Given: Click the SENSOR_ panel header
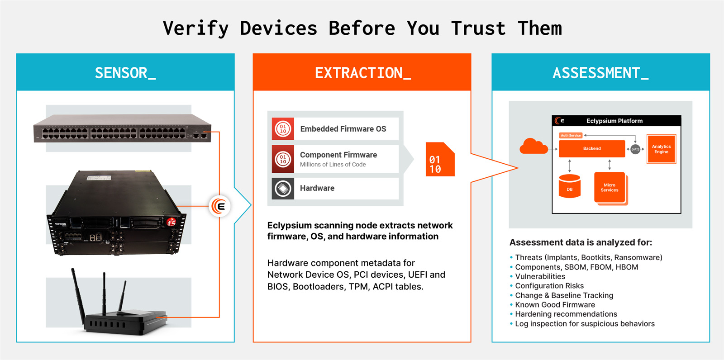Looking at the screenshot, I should point(125,73).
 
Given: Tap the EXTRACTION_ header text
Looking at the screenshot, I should point(362,73).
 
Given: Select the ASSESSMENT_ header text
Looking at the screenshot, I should point(600,73).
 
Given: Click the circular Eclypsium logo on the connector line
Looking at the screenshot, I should point(219,206).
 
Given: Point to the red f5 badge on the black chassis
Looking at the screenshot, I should point(171,222).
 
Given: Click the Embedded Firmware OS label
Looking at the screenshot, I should point(343,129).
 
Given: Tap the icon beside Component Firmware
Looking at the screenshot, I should point(283,159).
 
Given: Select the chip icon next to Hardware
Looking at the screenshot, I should point(283,188).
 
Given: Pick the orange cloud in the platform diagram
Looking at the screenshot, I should point(533,147).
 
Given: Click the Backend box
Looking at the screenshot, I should point(592,148).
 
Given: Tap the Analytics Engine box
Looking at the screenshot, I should point(661,149).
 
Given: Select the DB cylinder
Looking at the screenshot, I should point(570,186).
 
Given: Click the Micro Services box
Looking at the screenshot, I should point(610,187).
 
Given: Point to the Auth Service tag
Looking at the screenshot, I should point(571,135).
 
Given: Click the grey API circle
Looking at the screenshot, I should point(635,149).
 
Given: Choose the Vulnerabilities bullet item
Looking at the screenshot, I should point(540,276).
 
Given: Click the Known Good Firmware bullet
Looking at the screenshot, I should point(555,305).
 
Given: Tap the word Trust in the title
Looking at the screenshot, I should point(478,28).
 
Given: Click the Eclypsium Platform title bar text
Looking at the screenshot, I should point(614,121).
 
